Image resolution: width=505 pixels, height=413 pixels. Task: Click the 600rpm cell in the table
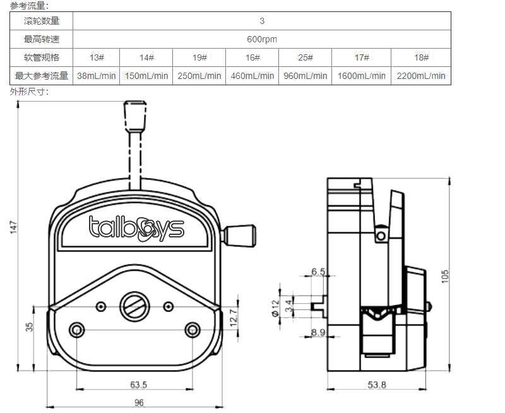point(262,39)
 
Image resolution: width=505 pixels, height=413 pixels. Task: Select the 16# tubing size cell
point(252,57)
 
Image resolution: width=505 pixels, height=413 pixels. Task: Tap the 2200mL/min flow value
point(421,76)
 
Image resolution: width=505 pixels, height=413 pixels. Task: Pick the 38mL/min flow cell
point(96,76)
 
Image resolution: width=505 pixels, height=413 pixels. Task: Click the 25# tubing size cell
point(306,57)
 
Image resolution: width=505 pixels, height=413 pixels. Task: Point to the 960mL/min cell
point(306,76)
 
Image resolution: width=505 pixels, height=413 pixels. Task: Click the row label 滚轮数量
point(42,21)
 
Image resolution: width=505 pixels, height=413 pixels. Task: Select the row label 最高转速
point(42,39)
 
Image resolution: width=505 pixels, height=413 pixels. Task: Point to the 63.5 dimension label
point(138,385)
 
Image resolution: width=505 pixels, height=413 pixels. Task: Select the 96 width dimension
point(139,402)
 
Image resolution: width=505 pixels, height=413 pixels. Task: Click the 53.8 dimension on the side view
point(376,385)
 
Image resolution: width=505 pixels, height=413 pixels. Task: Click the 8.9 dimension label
point(318,332)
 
